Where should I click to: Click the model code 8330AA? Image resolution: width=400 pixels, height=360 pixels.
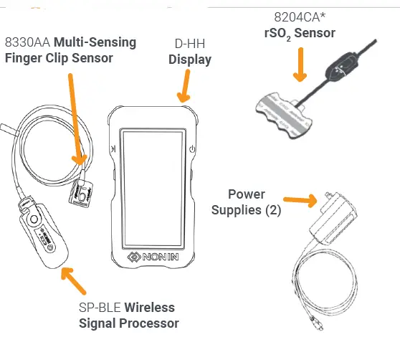coord(29,42)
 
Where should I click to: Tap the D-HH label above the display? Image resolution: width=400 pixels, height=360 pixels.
coord(189,43)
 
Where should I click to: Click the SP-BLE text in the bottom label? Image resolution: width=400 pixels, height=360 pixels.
coord(100,308)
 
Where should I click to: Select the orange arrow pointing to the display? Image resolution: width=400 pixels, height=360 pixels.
coord(184,86)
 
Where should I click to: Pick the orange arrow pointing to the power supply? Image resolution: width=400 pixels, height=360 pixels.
coord(301,199)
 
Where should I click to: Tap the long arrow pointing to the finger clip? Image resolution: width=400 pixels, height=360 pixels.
coord(76,115)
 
